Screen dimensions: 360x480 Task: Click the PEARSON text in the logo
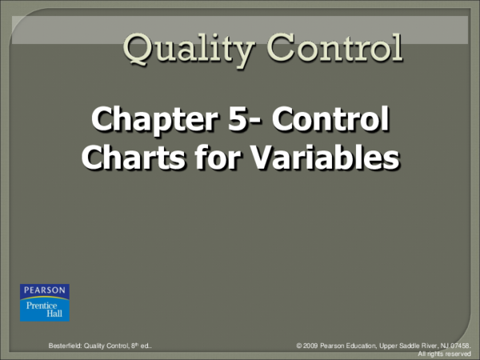[x=45, y=290]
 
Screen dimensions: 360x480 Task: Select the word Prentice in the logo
[x=46, y=305]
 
